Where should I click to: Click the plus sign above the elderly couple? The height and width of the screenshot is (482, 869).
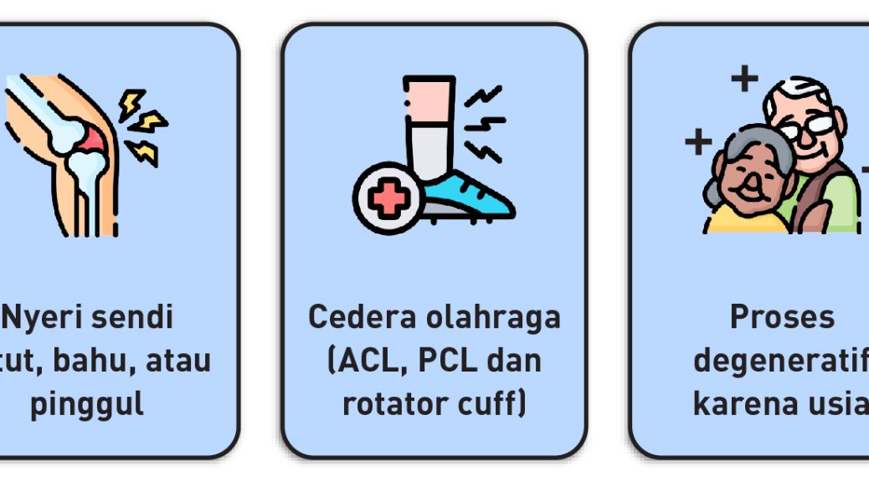pos(744,79)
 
